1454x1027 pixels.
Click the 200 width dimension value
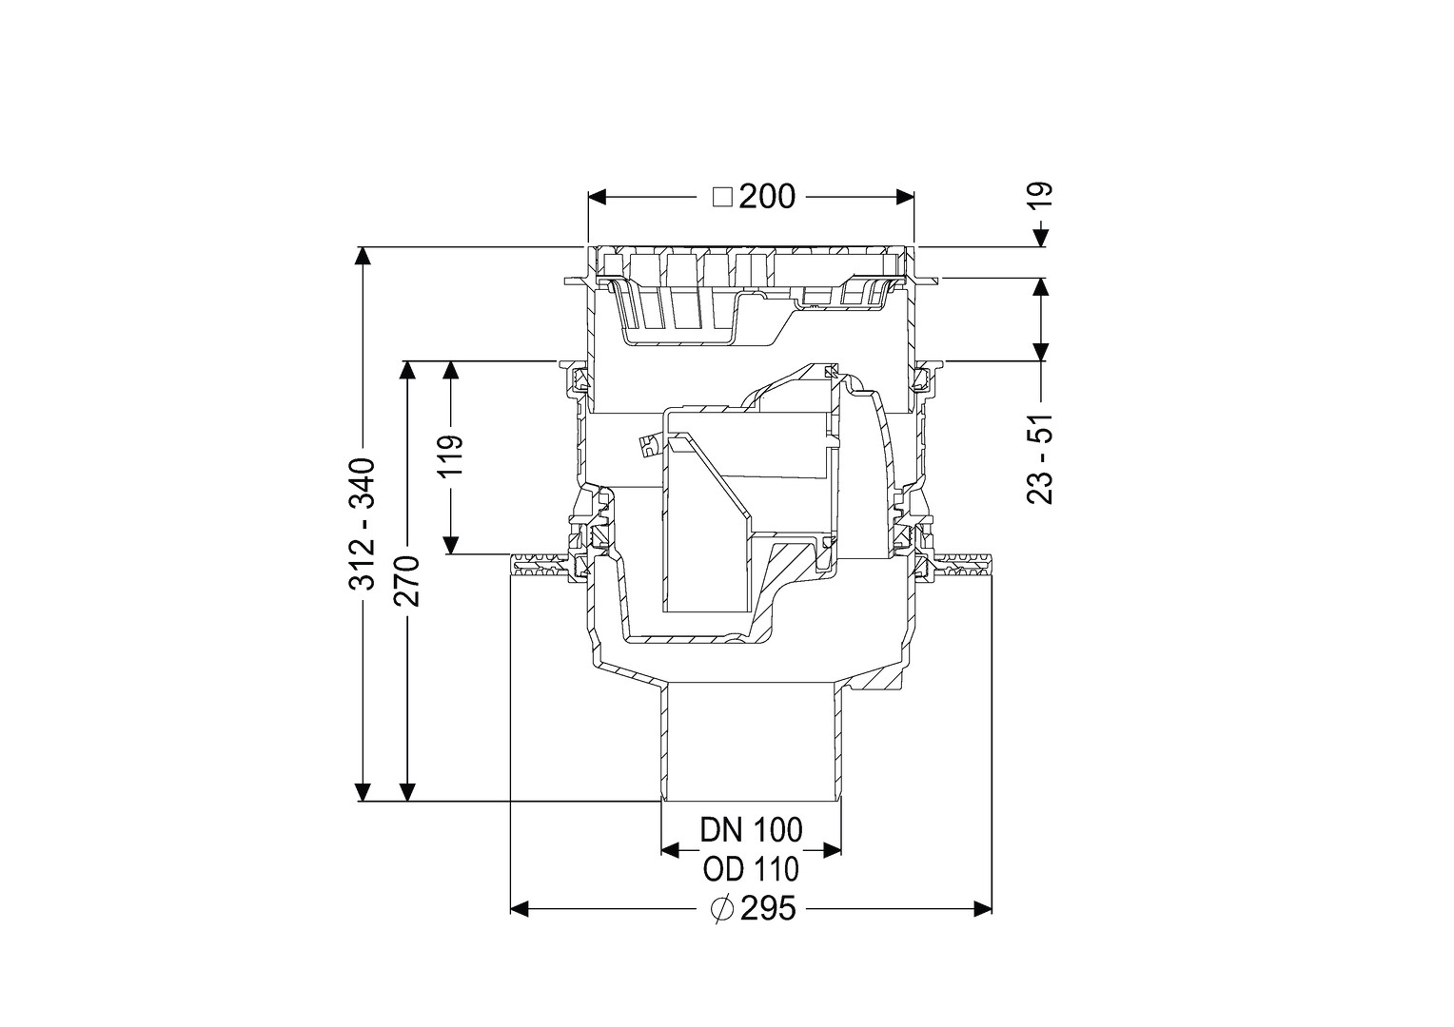point(767,197)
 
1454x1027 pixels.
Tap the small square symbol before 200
point(722,197)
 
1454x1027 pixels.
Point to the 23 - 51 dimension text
point(1040,458)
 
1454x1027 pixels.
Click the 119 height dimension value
point(451,455)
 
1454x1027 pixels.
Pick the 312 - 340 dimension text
point(363,524)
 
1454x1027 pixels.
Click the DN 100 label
point(751,830)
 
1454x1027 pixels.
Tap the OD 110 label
point(751,869)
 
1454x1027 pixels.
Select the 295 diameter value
point(768,909)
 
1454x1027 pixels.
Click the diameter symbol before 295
point(722,909)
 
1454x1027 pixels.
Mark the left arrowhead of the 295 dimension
point(520,909)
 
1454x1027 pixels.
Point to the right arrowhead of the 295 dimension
point(983,909)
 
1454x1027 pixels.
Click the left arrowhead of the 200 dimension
point(597,197)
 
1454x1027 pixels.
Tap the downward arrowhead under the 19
point(1041,238)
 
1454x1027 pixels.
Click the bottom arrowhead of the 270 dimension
point(407,792)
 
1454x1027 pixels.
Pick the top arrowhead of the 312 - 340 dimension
point(363,256)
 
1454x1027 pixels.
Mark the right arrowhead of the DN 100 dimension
point(833,850)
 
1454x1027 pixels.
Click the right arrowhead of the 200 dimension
point(906,197)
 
